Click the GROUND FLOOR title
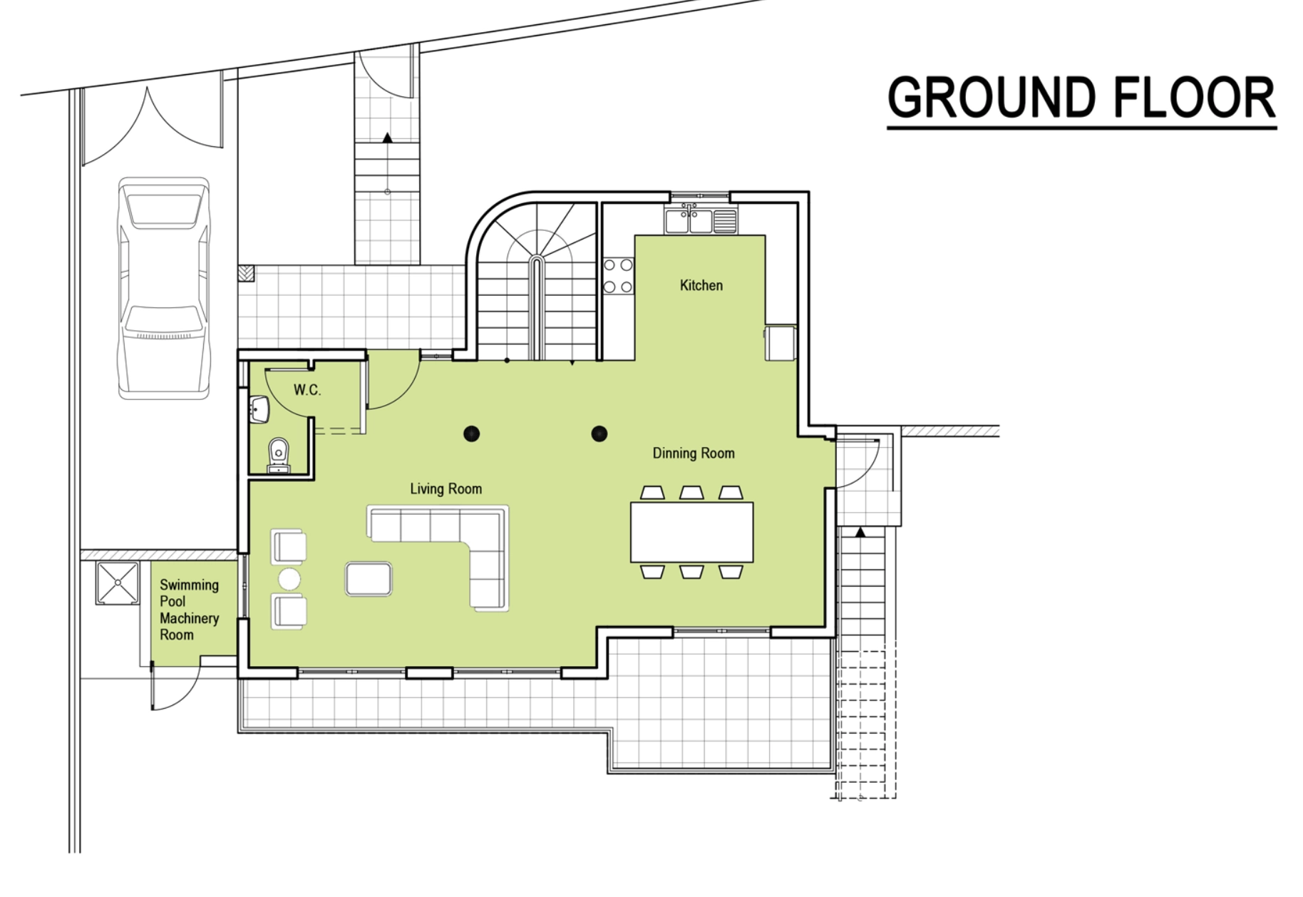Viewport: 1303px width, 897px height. coord(1081,98)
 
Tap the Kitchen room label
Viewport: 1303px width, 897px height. coord(701,285)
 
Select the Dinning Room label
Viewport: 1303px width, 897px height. coord(694,453)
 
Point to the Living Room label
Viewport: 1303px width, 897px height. coord(446,489)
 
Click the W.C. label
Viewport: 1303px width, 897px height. coord(307,390)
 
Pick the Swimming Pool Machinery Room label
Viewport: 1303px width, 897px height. coord(189,610)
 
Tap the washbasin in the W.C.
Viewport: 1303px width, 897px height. coord(259,409)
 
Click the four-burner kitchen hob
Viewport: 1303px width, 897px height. coord(618,276)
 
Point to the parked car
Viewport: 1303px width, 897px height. coord(164,288)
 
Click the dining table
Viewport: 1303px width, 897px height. coord(691,532)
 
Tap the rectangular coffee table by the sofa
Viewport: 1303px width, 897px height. coord(369,578)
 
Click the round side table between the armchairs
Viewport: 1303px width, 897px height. coord(289,579)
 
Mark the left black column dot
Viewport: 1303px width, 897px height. coord(471,434)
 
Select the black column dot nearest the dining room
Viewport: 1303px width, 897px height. coord(599,434)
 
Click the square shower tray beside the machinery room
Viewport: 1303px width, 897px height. coord(118,583)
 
